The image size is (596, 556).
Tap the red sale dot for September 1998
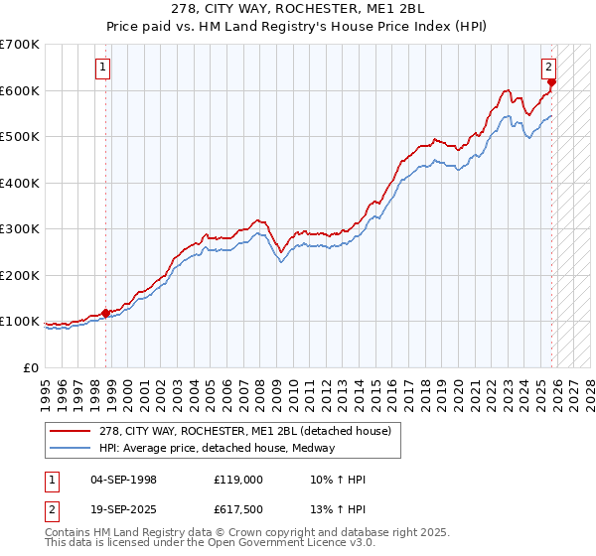[106, 313]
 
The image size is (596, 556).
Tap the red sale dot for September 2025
[552, 83]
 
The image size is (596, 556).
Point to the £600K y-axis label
[20, 90]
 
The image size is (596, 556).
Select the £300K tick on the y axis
[20, 228]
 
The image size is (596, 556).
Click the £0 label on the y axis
[30, 367]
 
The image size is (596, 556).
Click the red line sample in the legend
[72, 431]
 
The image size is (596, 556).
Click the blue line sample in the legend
[72, 448]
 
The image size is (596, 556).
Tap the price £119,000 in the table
[237, 480]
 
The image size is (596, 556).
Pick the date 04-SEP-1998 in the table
[123, 480]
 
